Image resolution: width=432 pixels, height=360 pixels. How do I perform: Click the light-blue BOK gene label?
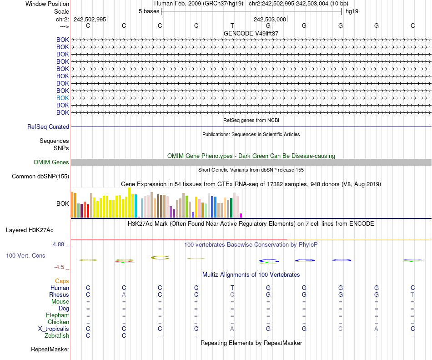(63, 98)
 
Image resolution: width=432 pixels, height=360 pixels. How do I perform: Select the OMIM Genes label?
(51, 162)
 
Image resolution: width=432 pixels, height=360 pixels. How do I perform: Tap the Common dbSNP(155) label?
(40, 177)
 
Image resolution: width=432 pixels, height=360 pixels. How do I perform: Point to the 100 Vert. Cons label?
(25, 256)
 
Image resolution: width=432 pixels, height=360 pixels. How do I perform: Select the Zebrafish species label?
(57, 336)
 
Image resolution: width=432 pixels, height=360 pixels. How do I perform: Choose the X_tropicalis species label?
(54, 329)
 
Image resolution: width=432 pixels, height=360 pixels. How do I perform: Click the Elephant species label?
(57, 315)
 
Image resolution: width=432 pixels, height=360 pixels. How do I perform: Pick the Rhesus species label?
(59, 295)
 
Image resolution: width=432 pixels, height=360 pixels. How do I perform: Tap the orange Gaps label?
(62, 281)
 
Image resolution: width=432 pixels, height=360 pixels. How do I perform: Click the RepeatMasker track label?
(50, 350)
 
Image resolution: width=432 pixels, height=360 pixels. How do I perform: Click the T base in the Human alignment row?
(232, 288)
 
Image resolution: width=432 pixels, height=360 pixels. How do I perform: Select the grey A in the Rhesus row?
(124, 295)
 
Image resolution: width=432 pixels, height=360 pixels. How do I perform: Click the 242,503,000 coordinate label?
(270, 19)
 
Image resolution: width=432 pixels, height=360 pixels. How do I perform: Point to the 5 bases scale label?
(149, 11)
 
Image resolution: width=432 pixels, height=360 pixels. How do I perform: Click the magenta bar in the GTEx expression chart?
(241, 215)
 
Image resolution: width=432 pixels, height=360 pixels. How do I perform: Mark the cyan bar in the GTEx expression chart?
(136, 206)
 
